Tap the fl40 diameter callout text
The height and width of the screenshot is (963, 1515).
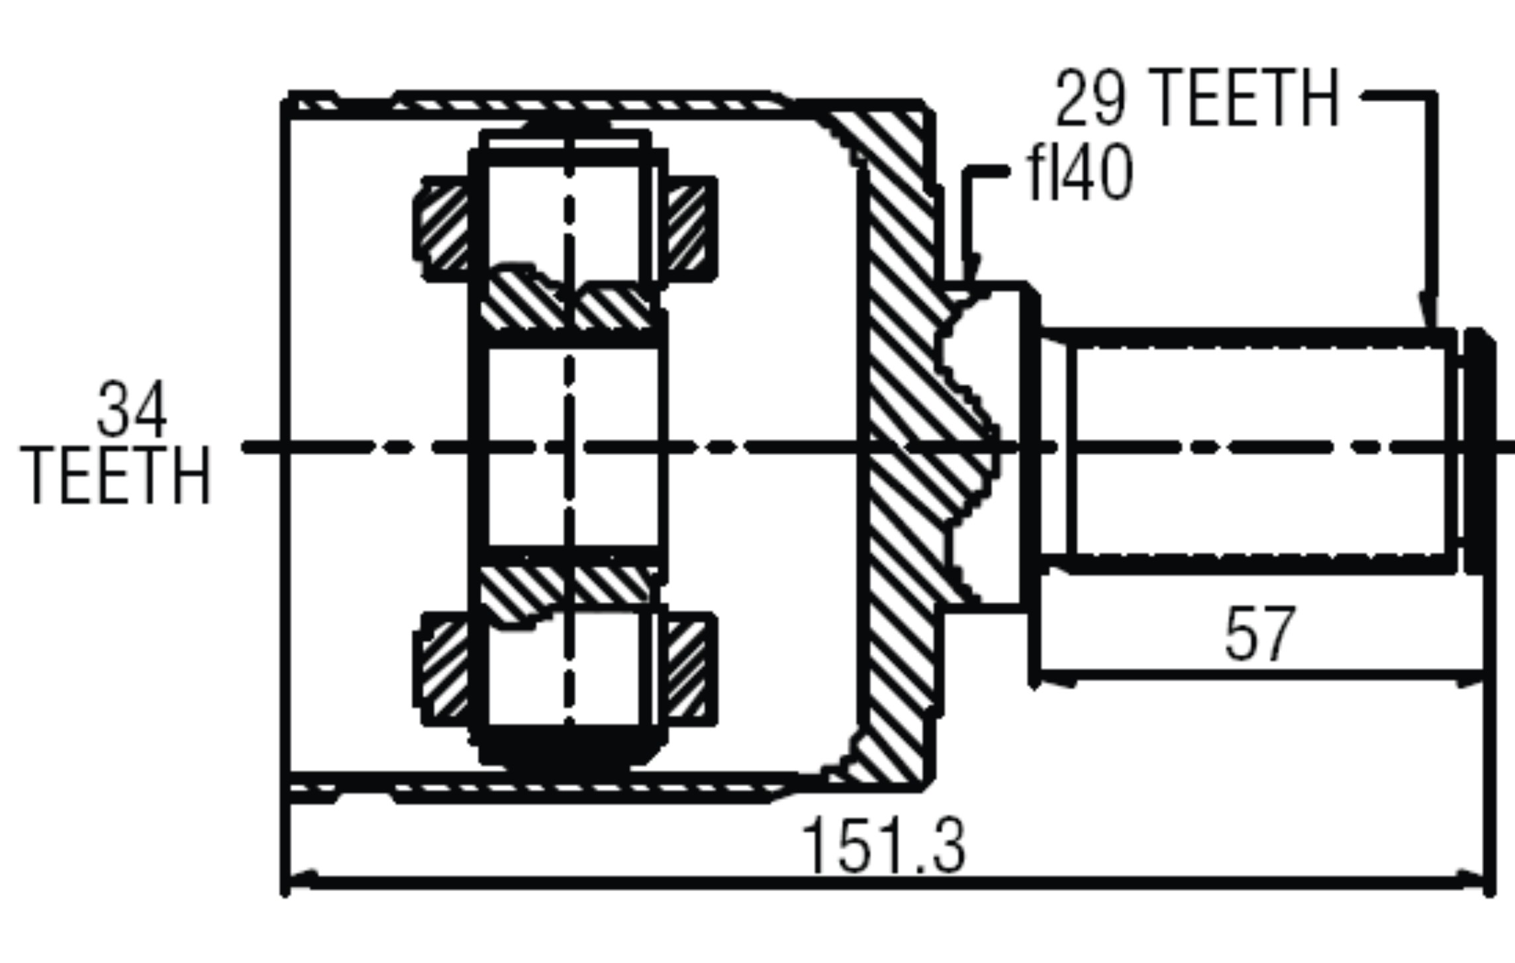pyautogui.click(x=1079, y=174)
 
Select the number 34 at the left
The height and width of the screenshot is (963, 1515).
pyautogui.click(x=132, y=409)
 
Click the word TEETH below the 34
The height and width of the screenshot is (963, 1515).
pyautogui.click(x=116, y=476)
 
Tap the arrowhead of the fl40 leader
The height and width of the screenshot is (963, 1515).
pyautogui.click(x=971, y=271)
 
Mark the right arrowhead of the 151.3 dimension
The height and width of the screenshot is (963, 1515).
pyautogui.click(x=1471, y=880)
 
